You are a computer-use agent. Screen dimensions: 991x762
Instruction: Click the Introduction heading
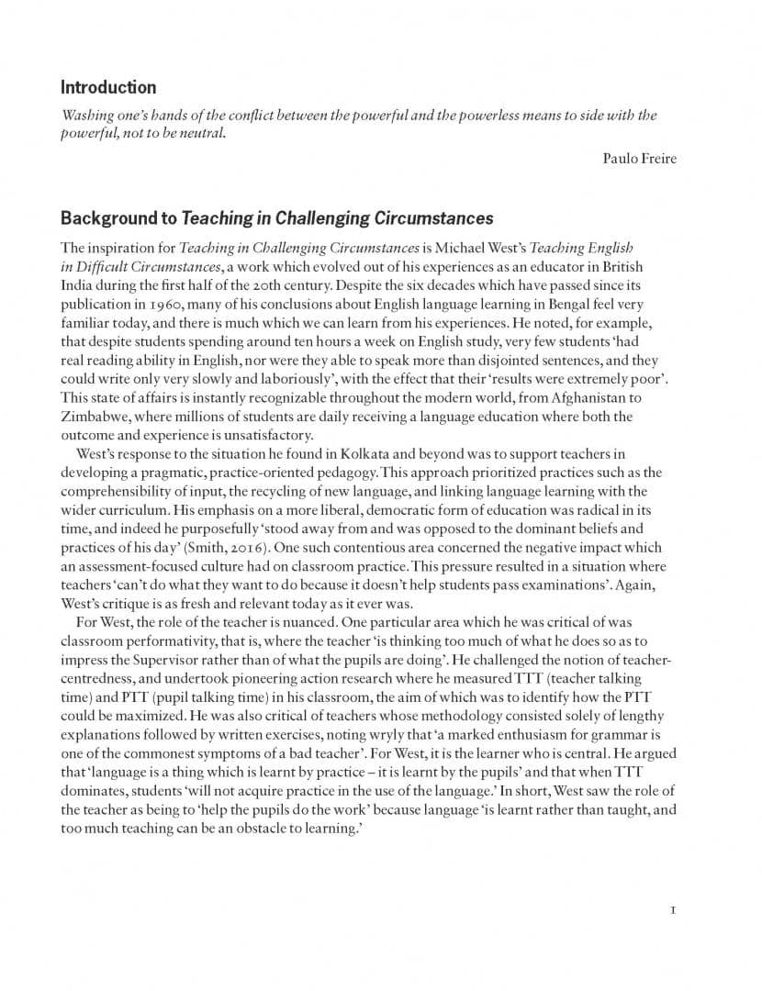tap(108, 88)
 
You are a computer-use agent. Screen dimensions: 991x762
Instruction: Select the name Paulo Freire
tap(639, 159)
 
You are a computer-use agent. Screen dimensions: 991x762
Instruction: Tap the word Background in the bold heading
tap(118, 218)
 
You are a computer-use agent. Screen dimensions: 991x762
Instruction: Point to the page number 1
tap(673, 911)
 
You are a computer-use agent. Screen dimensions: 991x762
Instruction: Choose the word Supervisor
tap(198, 661)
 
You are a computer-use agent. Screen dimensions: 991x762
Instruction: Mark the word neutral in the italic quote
tap(199, 134)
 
